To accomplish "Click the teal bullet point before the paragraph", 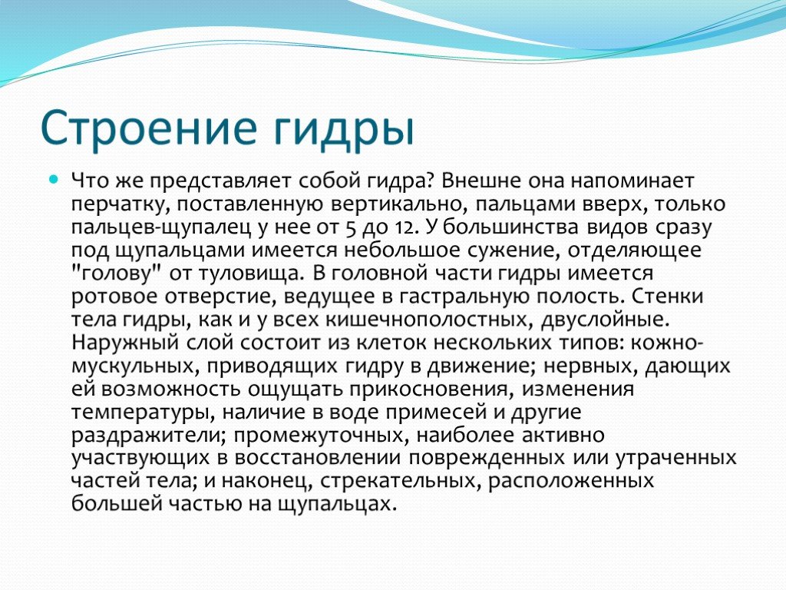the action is pyautogui.click(x=54, y=179).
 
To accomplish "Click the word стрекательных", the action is pyautogui.click(x=401, y=481).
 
